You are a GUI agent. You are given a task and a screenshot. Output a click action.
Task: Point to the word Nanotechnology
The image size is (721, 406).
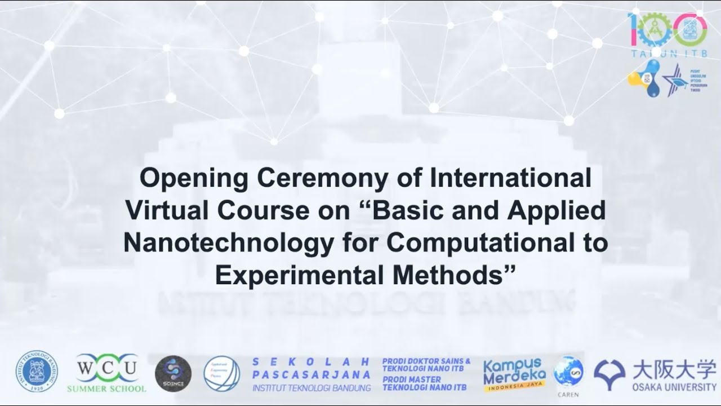[x=221, y=243]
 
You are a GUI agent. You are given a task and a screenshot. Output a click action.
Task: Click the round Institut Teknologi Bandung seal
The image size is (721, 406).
[x=36, y=372]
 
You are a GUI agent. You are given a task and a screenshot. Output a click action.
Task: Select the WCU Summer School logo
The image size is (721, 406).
[x=106, y=373]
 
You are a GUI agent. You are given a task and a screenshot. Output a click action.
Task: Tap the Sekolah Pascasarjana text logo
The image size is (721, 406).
[x=311, y=374]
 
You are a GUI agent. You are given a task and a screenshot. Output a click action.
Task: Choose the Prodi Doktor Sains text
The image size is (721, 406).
[x=426, y=364]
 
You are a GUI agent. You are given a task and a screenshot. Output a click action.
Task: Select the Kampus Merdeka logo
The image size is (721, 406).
[x=514, y=373]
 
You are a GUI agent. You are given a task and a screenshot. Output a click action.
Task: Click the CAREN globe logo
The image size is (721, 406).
[x=568, y=374]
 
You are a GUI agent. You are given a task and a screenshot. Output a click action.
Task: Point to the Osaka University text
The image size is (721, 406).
[x=674, y=387]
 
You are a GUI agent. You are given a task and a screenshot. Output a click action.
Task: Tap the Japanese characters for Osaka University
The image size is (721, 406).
[x=674, y=369]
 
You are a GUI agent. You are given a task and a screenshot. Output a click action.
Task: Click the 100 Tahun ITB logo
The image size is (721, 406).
[x=667, y=31]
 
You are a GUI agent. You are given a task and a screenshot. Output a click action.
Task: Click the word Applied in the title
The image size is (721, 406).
[x=555, y=211]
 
